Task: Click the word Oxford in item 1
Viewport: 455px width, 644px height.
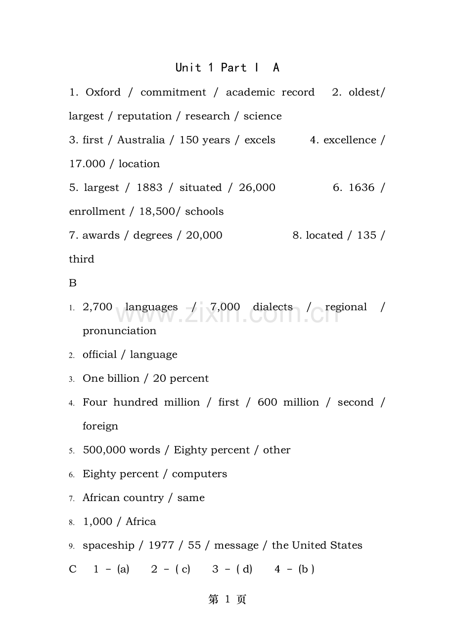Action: [103, 92]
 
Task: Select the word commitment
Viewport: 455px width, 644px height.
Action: [173, 92]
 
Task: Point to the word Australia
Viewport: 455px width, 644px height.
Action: [141, 140]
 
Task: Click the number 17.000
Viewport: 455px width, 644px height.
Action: [87, 164]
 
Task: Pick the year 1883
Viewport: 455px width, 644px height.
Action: [149, 187]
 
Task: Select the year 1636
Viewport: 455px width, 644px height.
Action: [362, 187]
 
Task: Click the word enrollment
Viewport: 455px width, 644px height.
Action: [96, 212]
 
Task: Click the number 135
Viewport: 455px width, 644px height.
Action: [366, 235]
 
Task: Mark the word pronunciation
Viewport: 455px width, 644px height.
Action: [119, 331]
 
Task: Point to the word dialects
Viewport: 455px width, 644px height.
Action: [273, 307]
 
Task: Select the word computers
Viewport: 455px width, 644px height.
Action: [199, 474]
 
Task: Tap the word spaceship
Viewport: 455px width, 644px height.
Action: [108, 546]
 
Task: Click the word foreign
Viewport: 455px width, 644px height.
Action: [100, 426]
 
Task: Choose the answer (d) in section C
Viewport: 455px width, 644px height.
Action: [244, 569]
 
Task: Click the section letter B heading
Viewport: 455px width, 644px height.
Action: [73, 283]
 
